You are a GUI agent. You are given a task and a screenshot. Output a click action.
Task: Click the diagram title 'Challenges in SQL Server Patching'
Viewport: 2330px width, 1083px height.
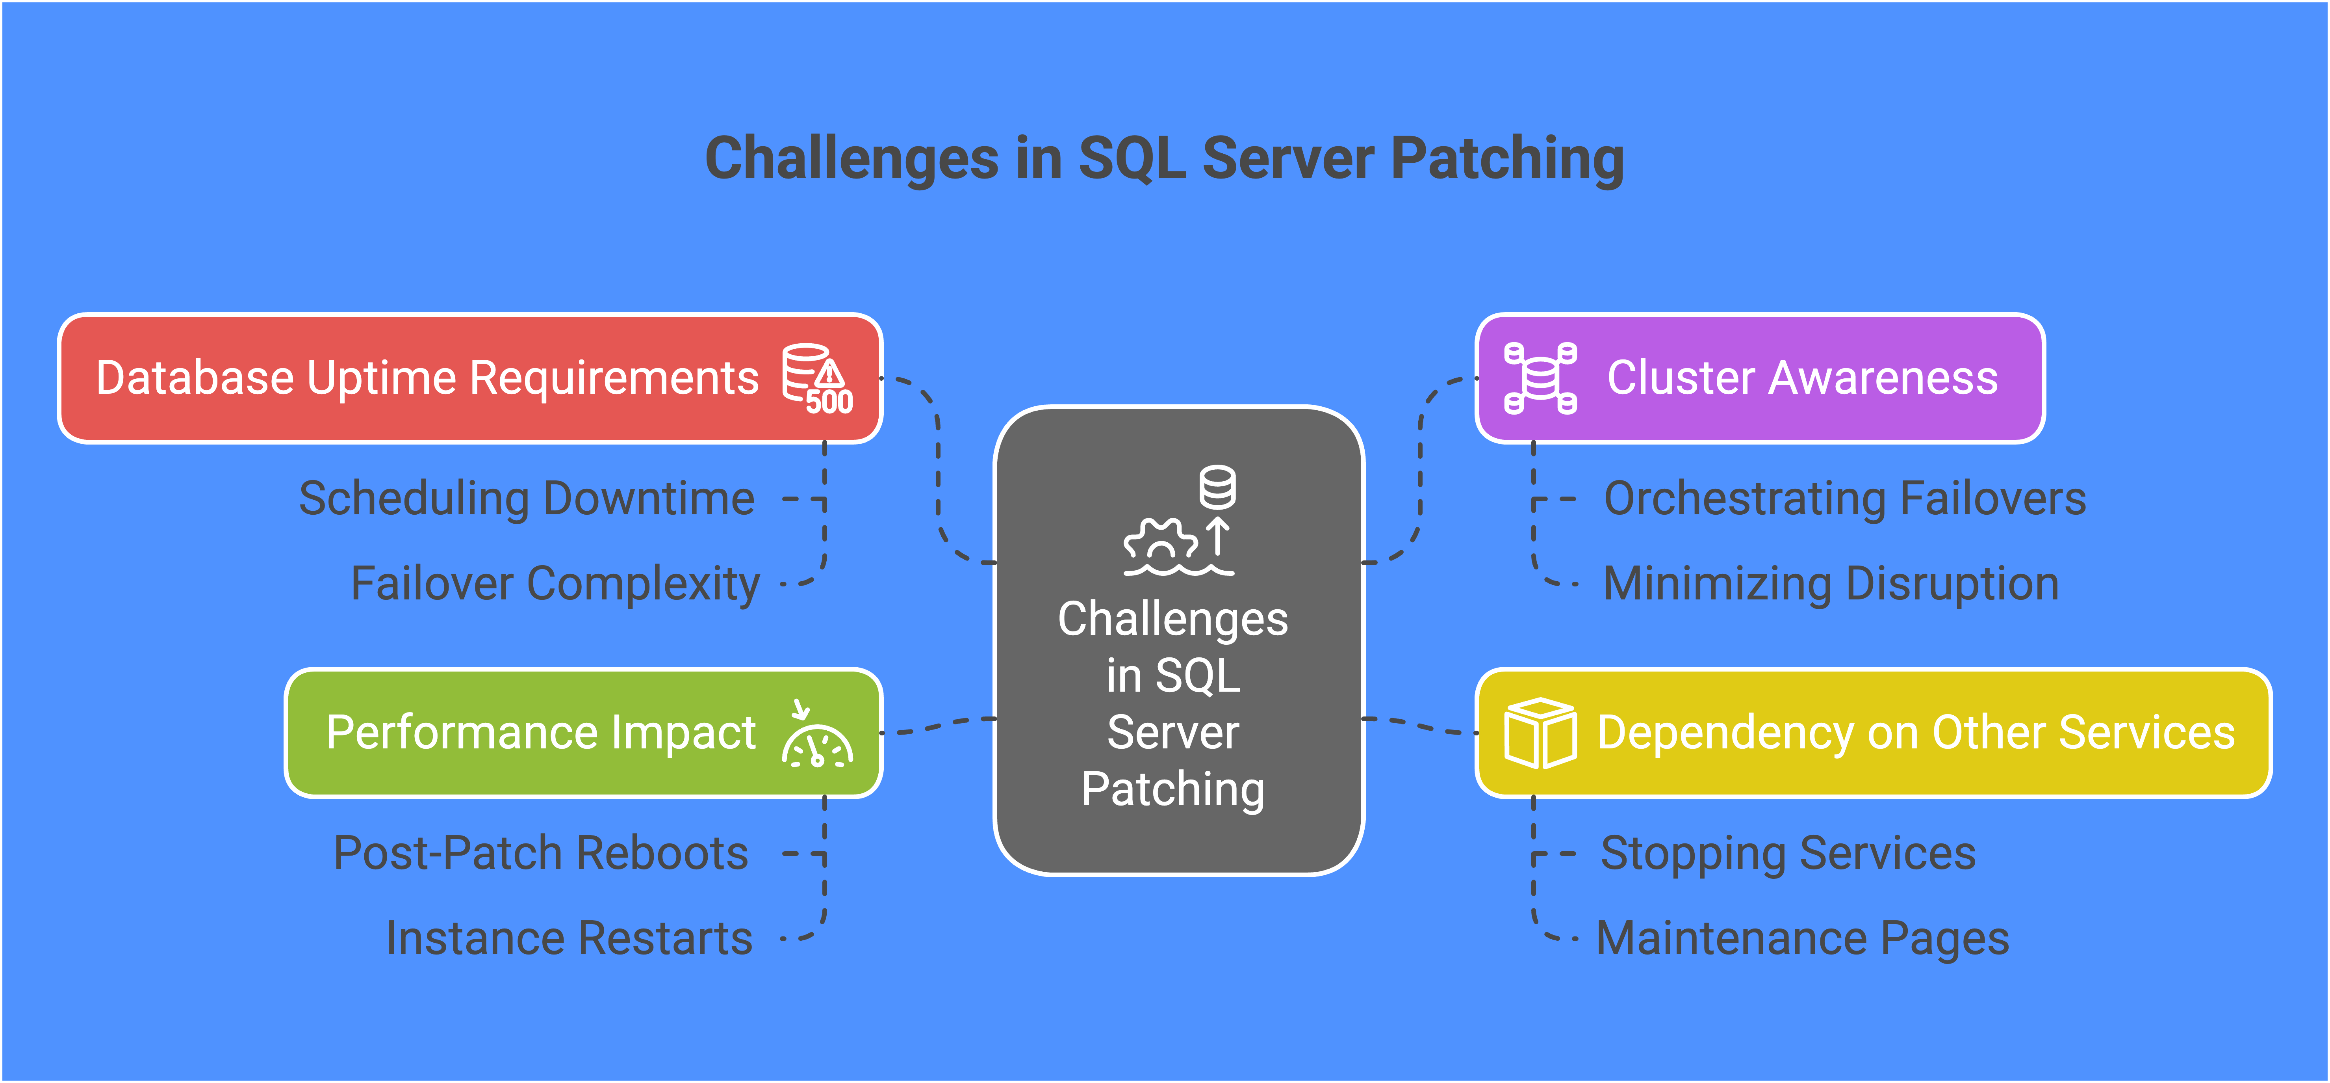pyautogui.click(x=1164, y=158)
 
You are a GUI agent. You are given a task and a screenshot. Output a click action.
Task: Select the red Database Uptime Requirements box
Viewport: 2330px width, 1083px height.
pyautogui.click(x=470, y=378)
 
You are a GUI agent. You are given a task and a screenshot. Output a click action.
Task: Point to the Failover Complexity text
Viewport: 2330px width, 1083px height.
pyautogui.click(x=555, y=584)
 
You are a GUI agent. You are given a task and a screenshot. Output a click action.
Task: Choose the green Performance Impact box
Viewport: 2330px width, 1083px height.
pyautogui.click(x=583, y=733)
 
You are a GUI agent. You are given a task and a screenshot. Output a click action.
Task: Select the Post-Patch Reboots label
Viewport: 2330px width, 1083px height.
pyautogui.click(x=541, y=853)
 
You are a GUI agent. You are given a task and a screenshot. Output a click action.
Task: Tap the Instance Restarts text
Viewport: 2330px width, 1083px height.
pyautogui.click(x=569, y=938)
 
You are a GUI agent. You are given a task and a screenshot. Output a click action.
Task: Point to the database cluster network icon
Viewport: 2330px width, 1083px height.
pyautogui.click(x=1540, y=378)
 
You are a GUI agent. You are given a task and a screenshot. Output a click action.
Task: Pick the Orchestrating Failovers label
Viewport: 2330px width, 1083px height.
pyautogui.click(x=1845, y=499)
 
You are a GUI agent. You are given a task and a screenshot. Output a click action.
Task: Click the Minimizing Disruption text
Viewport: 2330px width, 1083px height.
pyautogui.click(x=1831, y=584)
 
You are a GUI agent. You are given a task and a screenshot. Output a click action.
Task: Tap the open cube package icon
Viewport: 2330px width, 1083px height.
pyautogui.click(x=1540, y=733)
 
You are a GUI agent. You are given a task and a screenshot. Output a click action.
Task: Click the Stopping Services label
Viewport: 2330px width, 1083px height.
pyautogui.click(x=1788, y=853)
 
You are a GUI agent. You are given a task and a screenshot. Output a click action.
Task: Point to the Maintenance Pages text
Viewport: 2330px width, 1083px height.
pyautogui.click(x=1803, y=938)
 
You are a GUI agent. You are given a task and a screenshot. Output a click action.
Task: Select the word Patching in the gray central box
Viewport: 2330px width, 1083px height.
pyautogui.click(x=1173, y=789)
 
